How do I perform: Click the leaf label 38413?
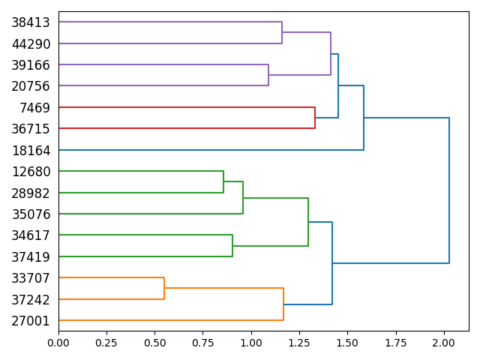31,22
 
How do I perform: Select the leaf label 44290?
31,44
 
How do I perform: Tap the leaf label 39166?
31,65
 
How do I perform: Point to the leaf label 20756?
31,86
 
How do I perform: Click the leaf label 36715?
31,129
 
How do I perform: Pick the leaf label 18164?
31,151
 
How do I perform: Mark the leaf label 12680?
31,172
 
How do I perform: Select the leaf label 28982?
31,193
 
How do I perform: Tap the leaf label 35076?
31,214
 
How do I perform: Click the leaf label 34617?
31,235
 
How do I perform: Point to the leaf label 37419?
31,257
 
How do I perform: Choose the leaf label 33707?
31,278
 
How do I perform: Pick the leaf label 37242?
31,299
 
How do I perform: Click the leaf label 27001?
31,321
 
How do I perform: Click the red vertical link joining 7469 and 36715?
315,118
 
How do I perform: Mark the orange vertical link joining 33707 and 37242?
164,289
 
